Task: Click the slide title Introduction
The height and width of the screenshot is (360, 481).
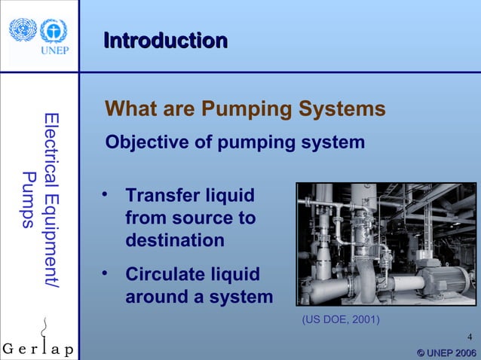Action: [165, 40]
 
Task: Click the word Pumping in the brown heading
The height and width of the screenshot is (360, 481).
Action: [240, 110]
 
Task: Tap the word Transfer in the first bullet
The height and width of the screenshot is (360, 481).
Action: [161, 196]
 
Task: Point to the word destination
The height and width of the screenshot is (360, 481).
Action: [175, 241]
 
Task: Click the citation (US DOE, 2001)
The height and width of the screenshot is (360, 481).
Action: [341, 319]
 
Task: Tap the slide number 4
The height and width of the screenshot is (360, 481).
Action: [470, 336]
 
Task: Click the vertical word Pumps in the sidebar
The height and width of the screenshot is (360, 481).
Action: [29, 200]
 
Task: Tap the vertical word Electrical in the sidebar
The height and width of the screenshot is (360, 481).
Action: [51, 146]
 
